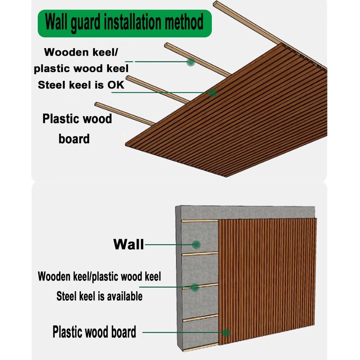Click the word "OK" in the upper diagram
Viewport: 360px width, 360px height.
(115, 85)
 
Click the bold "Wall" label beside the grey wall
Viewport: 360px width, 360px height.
(128, 244)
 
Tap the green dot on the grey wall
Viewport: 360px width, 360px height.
(196, 245)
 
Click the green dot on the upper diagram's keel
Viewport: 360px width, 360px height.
(191, 62)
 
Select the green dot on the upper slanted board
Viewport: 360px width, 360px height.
(213, 93)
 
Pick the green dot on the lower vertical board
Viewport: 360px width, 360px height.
(226, 333)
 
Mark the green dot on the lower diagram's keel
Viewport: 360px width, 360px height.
(195, 287)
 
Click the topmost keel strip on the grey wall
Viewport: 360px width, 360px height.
(200, 220)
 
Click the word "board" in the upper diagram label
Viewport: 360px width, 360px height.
(74, 139)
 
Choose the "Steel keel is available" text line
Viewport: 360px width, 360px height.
(99, 296)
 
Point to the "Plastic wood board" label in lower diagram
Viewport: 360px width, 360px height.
(94, 332)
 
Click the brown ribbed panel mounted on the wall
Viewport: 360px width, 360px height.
(268, 281)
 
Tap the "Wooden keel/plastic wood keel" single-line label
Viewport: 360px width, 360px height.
(99, 277)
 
